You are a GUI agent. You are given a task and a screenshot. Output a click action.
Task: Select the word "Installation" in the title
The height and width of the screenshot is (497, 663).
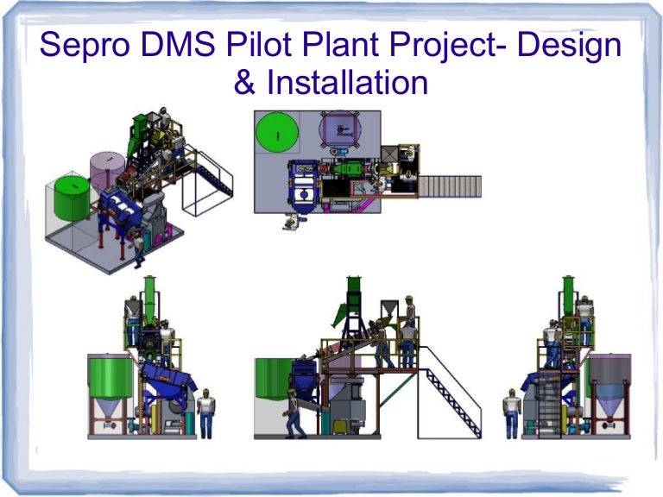[347, 83]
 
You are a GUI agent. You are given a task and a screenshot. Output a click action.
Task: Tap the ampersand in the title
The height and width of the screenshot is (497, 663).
[244, 83]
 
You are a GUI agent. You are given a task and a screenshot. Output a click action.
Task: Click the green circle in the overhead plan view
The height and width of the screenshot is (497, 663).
[278, 135]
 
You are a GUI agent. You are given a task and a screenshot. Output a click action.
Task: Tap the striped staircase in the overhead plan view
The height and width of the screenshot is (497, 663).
[454, 186]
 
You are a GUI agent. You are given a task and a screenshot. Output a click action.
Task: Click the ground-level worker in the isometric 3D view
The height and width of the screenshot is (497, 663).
[138, 249]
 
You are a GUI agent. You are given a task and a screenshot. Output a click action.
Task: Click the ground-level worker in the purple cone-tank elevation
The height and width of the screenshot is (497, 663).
[511, 412]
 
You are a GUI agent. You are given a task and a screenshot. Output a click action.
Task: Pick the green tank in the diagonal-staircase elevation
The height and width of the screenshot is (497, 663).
[272, 380]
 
